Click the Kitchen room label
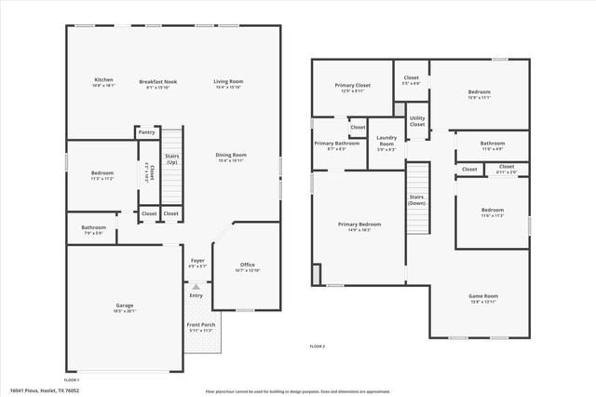coord(103,81)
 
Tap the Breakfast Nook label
coord(158,81)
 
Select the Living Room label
coord(228,81)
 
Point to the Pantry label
coord(146,133)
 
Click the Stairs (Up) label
coord(171,159)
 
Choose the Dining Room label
coord(231,155)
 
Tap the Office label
coord(247,265)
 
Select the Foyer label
coord(197,261)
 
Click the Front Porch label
coord(200,326)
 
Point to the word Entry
coord(196,295)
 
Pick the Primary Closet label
coord(352,86)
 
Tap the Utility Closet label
coord(417,121)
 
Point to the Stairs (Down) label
coord(417,199)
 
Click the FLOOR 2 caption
coord(318,347)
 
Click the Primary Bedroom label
coord(359,225)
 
